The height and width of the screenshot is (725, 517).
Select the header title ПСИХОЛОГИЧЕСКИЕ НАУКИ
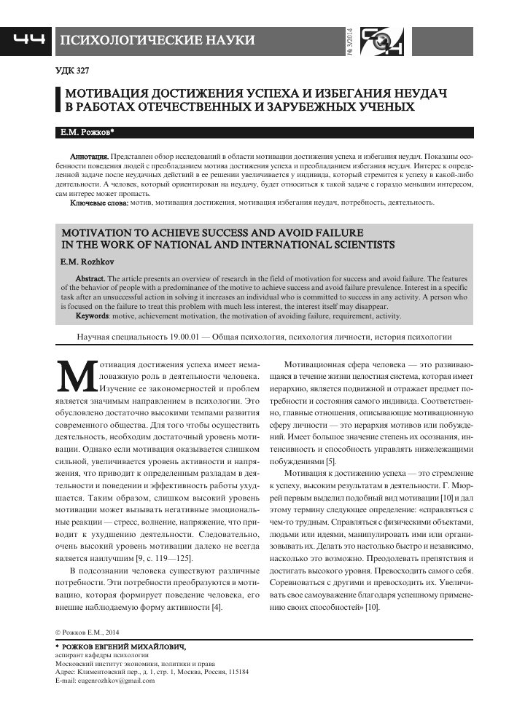pyautogui.click(x=157, y=40)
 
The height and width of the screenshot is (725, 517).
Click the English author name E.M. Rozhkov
pyautogui.click(x=85, y=259)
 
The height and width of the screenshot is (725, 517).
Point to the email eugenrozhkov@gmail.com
pyautogui.click(x=117, y=680)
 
